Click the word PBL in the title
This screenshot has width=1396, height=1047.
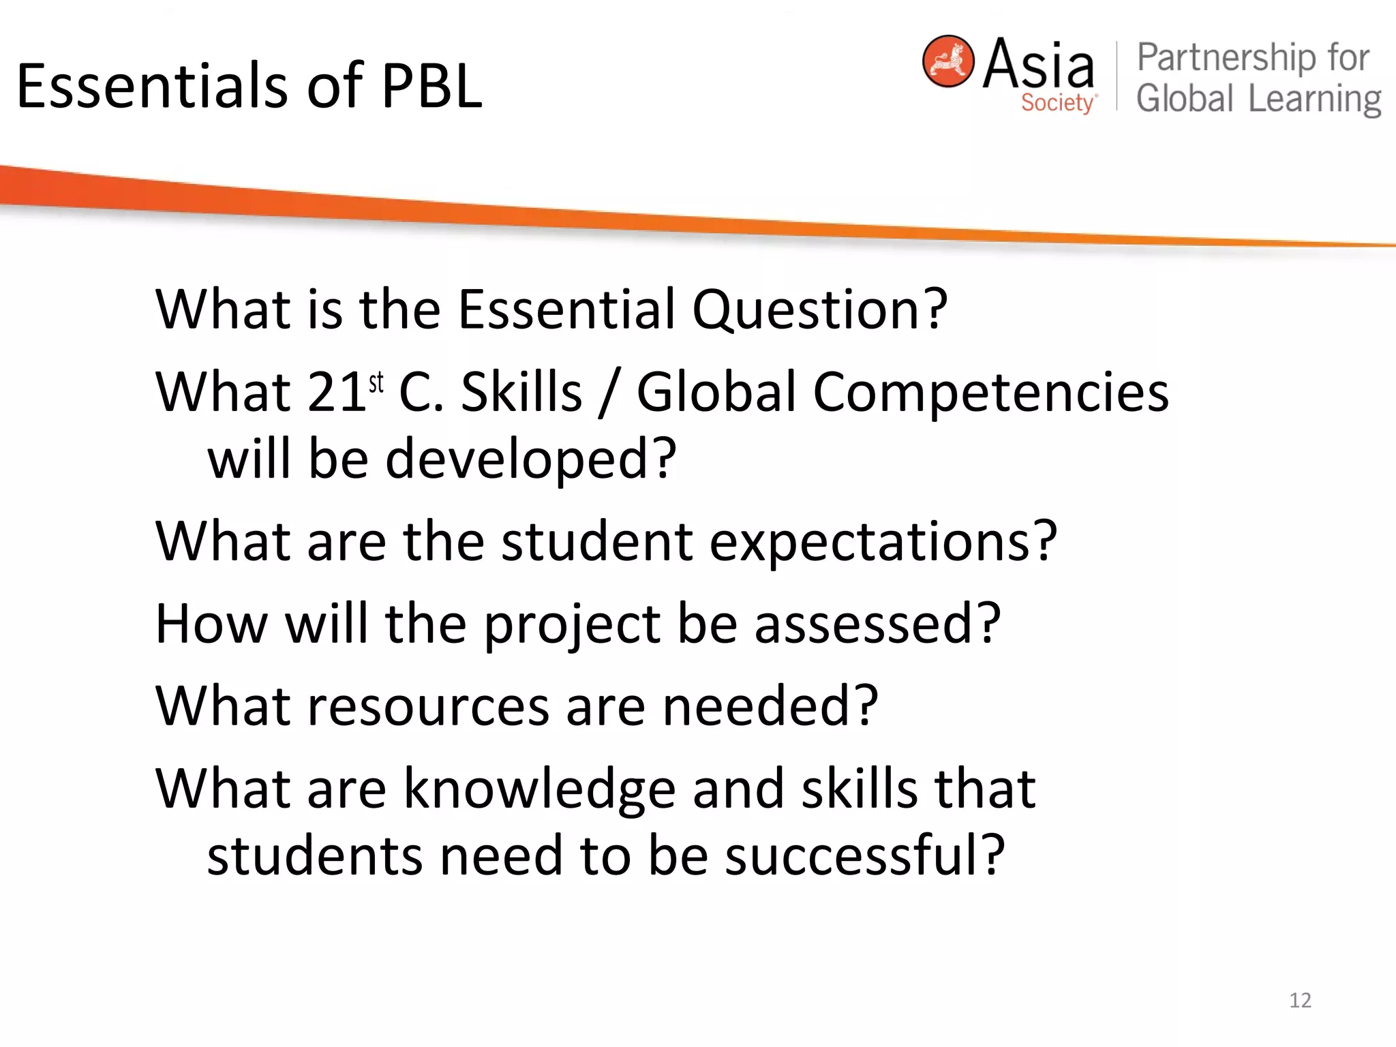tap(431, 87)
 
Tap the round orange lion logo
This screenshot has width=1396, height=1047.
tap(947, 61)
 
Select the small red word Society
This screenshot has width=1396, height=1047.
tap(1057, 103)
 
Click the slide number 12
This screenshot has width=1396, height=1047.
tap(1300, 1000)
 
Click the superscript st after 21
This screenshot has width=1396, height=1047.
tap(376, 383)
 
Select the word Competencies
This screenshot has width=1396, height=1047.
tap(990, 393)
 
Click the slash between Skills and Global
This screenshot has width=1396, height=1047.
tap(609, 394)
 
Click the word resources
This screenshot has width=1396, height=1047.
tap(428, 706)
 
